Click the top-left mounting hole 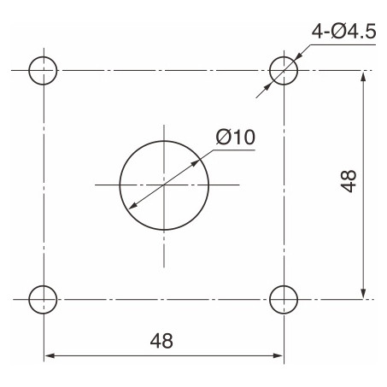(x=44, y=70)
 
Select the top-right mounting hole (x=284, y=70)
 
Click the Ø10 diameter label (x=235, y=136)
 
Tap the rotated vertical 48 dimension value (x=348, y=182)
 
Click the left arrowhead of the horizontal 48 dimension (x=49, y=354)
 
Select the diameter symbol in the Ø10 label (x=222, y=136)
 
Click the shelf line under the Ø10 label (x=234, y=150)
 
